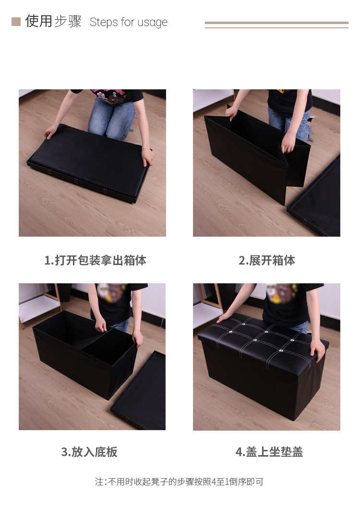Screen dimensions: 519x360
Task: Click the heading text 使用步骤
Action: pyautogui.click(x=53, y=22)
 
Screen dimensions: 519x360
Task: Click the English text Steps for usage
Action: pyautogui.click(x=129, y=23)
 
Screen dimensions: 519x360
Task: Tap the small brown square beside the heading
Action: pyautogui.click(x=16, y=22)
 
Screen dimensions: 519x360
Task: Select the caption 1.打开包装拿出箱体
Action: pyautogui.click(x=95, y=260)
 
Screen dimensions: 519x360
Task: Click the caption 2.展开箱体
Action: pyautogui.click(x=266, y=260)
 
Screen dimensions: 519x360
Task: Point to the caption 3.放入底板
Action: pyautogui.click(x=89, y=452)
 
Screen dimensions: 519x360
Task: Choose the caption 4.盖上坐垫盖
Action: pyautogui.click(x=269, y=452)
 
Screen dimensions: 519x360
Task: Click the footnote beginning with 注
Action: pyautogui.click(x=179, y=482)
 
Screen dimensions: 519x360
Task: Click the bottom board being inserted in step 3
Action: pyautogui.click(x=108, y=347)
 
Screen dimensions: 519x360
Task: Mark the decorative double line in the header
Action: pyautogui.click(x=276, y=25)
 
